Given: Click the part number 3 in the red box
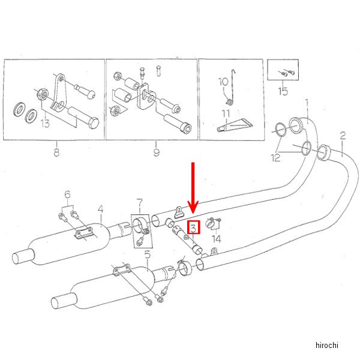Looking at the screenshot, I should coord(193,228).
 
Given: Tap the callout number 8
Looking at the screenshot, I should coord(56,152).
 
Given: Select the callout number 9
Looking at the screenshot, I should coord(156,152).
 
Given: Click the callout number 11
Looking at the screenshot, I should coord(226,113).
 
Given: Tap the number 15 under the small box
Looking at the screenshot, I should coord(283,91).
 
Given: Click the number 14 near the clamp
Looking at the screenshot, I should coord(216,238).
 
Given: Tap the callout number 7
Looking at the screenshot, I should coord(139,202).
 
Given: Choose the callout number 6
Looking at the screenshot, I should coord(68,194).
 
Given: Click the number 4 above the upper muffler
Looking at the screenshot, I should coord(100,209).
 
